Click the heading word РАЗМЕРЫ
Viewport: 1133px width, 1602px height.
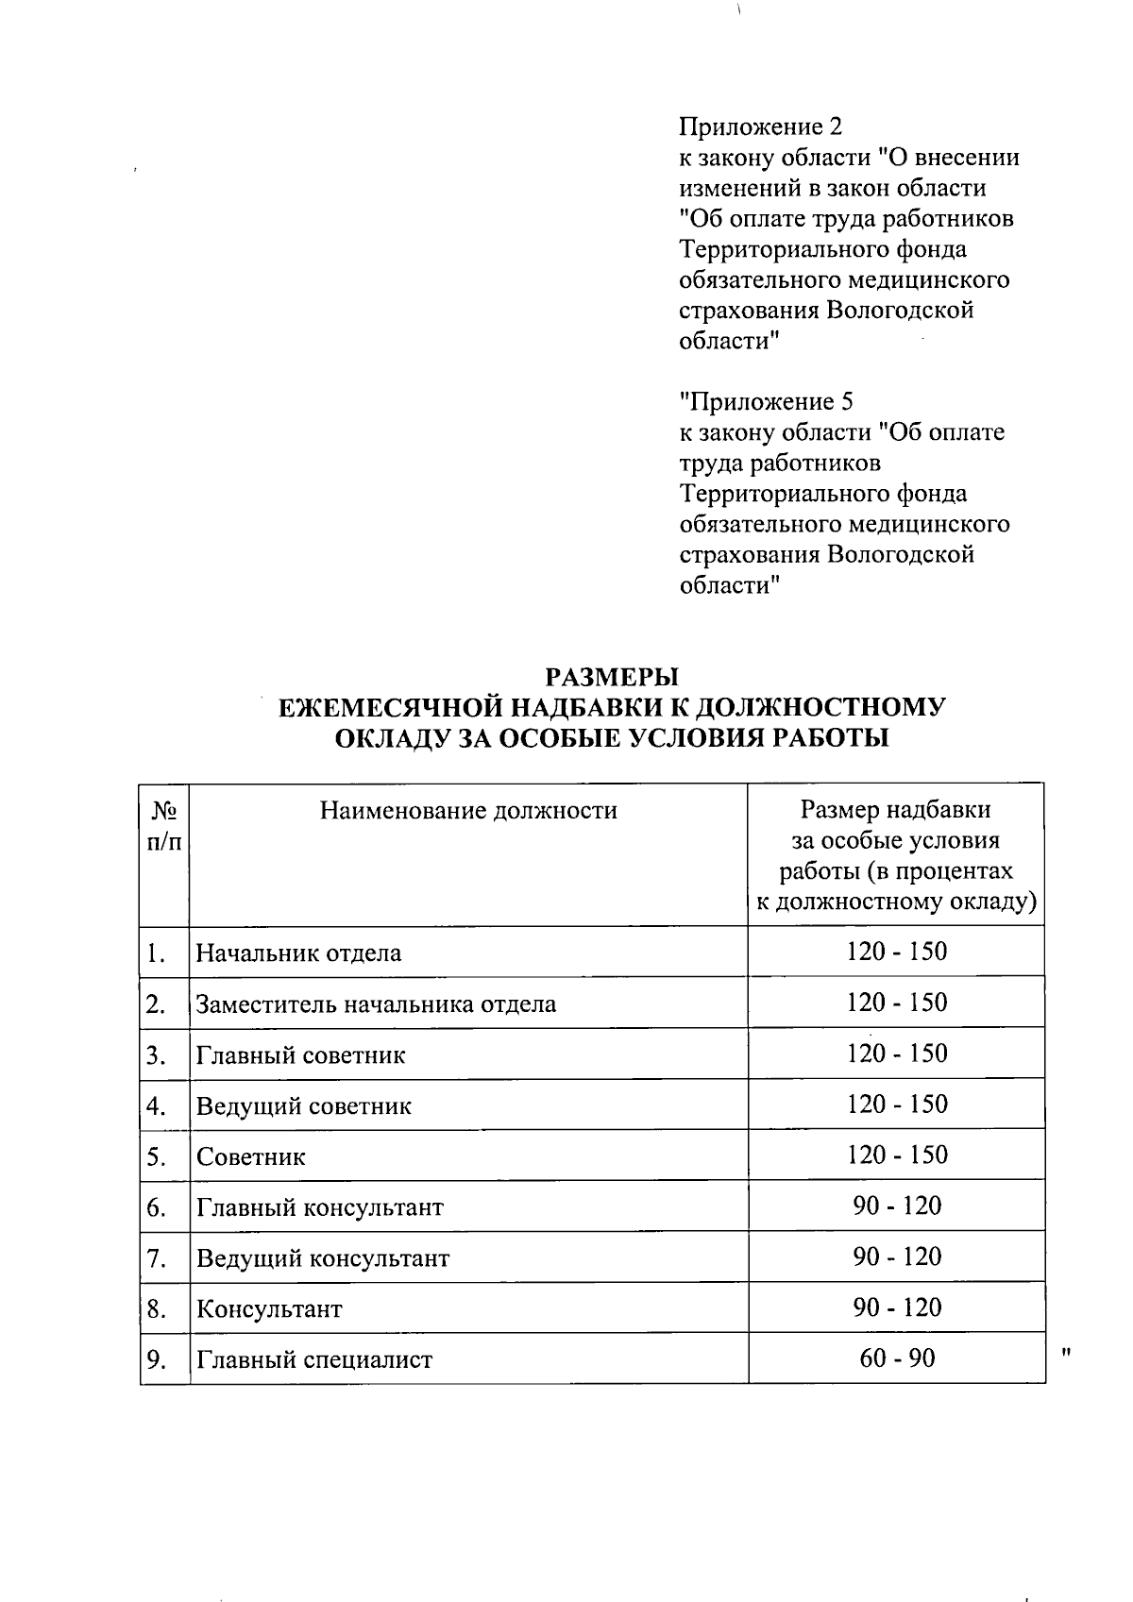[613, 677]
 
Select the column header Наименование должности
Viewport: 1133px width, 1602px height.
[468, 810]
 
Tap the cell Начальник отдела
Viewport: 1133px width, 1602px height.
[298, 953]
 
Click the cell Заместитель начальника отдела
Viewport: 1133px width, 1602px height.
[376, 1003]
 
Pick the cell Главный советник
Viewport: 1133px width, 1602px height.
[300, 1054]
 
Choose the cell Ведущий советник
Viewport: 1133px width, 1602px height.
[304, 1105]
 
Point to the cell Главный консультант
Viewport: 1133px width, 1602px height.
[319, 1207]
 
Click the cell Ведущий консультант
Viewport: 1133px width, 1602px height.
[323, 1258]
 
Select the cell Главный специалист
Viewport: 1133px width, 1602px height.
[314, 1360]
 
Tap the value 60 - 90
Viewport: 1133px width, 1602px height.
[897, 1358]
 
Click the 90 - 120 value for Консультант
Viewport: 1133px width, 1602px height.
[897, 1307]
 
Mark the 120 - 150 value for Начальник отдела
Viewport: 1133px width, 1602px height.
[897, 952]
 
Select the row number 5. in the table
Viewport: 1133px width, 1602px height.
[157, 1156]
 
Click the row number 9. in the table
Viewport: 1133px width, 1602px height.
[157, 1360]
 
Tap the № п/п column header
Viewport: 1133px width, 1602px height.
[164, 826]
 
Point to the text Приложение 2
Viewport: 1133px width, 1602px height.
[760, 126]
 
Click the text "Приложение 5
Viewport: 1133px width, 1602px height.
[766, 402]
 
